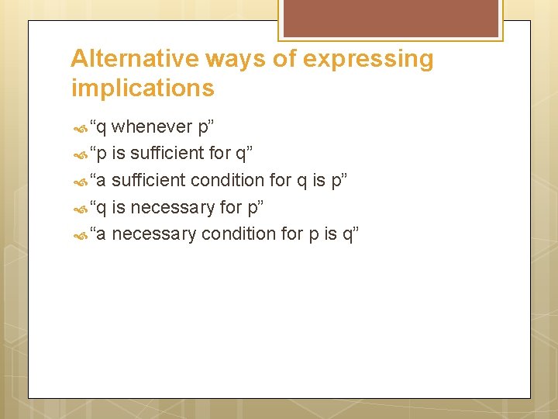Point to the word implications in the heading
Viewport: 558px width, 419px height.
tap(143, 88)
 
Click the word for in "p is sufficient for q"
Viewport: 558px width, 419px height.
tap(220, 153)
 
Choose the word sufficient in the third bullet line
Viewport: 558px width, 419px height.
tap(148, 180)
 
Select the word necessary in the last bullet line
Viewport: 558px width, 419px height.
tap(153, 234)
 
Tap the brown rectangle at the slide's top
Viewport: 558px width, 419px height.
tap(390, 18)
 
